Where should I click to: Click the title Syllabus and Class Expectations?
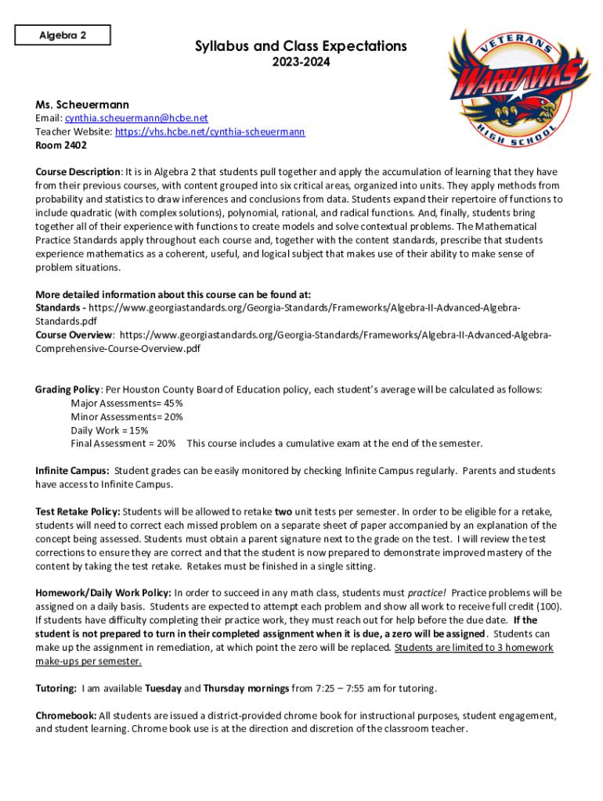[x=301, y=47]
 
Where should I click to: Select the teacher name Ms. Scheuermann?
[x=82, y=104]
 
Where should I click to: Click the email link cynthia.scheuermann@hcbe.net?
[x=136, y=118]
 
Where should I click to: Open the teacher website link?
[x=210, y=132]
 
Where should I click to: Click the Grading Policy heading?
[x=67, y=390]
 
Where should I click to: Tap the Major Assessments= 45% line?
[x=127, y=404]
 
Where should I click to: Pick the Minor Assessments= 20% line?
[x=127, y=417]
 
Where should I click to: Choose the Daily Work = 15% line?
[x=110, y=430]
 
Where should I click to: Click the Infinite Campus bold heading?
[x=72, y=471]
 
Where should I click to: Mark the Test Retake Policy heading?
[x=78, y=512]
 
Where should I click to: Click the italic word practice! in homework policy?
[x=428, y=593]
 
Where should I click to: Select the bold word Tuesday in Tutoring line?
[x=163, y=688]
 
